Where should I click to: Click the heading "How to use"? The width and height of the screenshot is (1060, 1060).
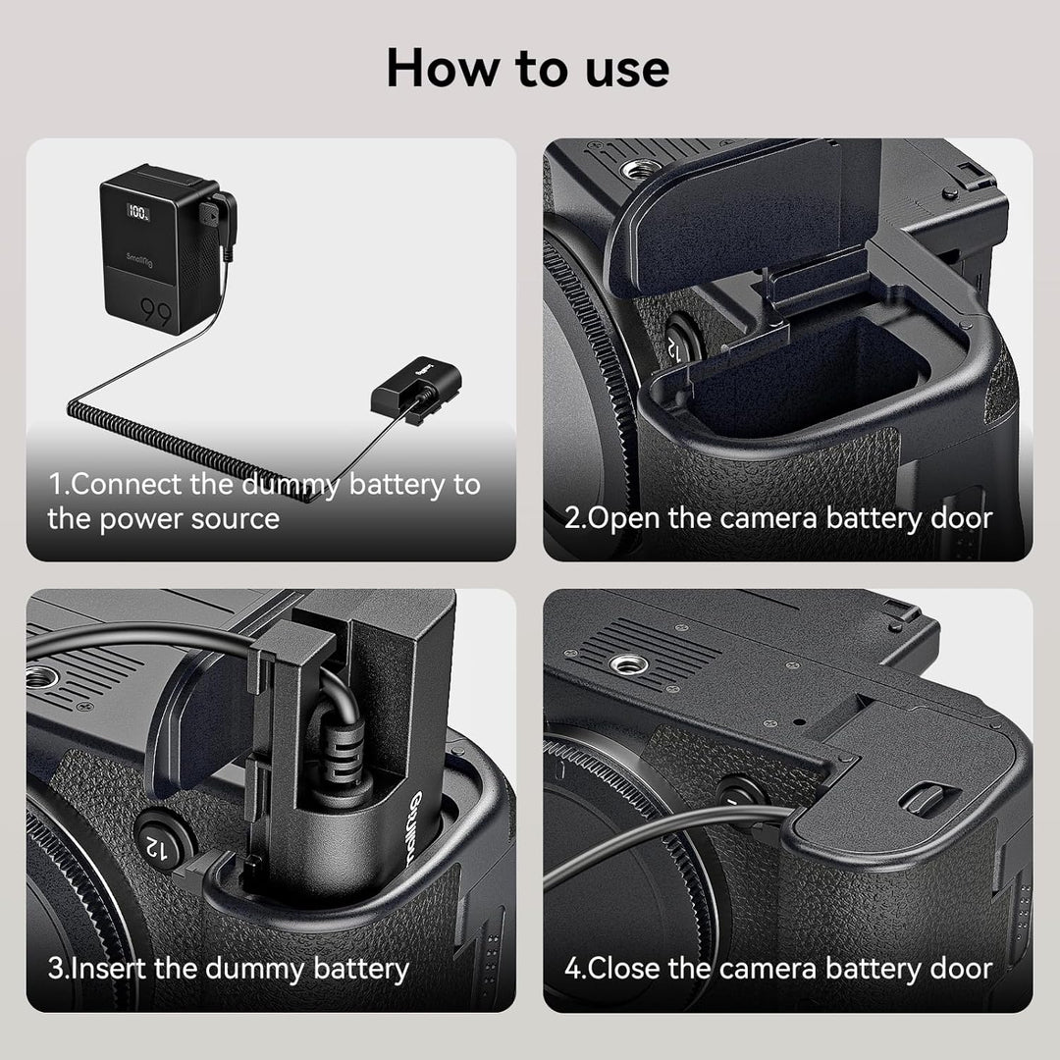528,69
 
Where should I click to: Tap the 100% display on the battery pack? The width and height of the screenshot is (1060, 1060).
138,212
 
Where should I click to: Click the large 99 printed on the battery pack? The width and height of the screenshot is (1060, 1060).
156,311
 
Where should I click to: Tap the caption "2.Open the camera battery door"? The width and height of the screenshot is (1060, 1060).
778,518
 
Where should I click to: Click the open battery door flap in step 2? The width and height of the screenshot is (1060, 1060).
737,216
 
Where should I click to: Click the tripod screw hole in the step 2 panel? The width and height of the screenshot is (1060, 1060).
640,169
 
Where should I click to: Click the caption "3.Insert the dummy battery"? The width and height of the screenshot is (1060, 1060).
229,969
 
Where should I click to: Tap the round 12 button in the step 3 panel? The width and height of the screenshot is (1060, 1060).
161,842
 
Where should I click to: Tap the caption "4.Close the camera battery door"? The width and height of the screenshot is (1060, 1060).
778,969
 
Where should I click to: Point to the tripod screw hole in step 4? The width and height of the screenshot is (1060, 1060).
629,664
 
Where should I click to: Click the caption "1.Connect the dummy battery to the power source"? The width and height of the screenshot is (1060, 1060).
264,502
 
